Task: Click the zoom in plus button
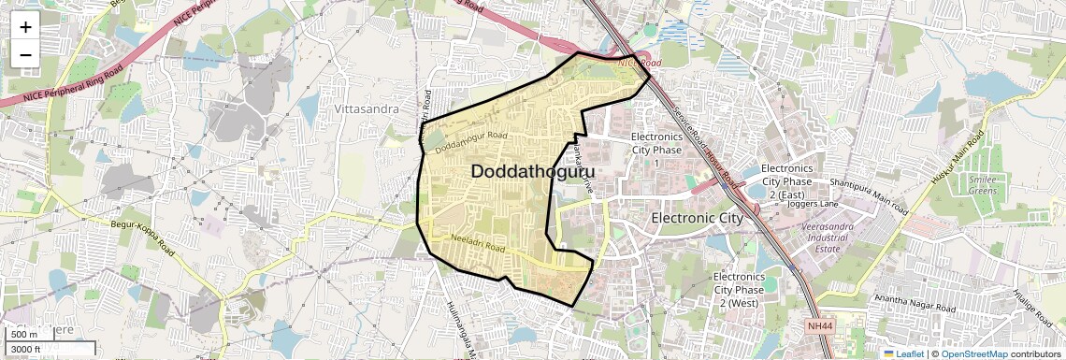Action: (x=25, y=27)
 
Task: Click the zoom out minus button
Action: (x=25, y=55)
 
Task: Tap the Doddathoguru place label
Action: (x=533, y=172)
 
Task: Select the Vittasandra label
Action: (x=367, y=109)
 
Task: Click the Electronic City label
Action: (x=697, y=218)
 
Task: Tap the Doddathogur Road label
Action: (x=471, y=141)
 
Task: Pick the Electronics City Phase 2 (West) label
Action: (x=739, y=290)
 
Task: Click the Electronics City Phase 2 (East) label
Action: (x=787, y=180)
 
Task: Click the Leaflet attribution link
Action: (x=903, y=353)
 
